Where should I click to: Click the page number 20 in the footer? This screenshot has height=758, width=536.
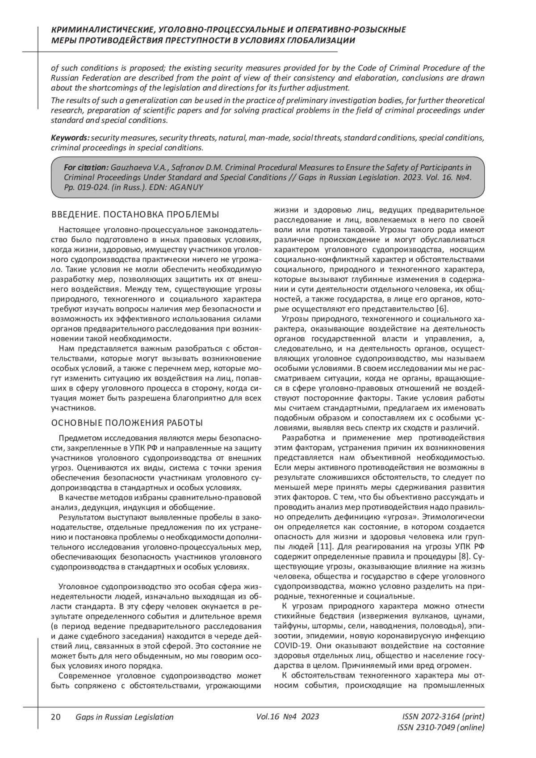pyautogui.click(x=55, y=717)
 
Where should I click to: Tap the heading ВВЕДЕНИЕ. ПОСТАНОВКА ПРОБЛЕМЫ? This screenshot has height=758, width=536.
pyautogui.click(x=135, y=214)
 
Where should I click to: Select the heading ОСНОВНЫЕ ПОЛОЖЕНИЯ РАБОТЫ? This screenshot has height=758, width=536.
pyautogui.click(x=127, y=423)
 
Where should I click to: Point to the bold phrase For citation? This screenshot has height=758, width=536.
pyautogui.click(x=86, y=168)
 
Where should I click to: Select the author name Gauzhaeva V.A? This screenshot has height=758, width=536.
pyautogui.click(x=134, y=168)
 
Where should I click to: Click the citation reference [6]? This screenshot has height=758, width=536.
pyautogui.click(x=442, y=309)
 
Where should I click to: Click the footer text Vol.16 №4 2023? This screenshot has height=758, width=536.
pyautogui.click(x=288, y=717)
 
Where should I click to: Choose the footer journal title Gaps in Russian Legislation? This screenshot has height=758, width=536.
pyautogui.click(x=125, y=717)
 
